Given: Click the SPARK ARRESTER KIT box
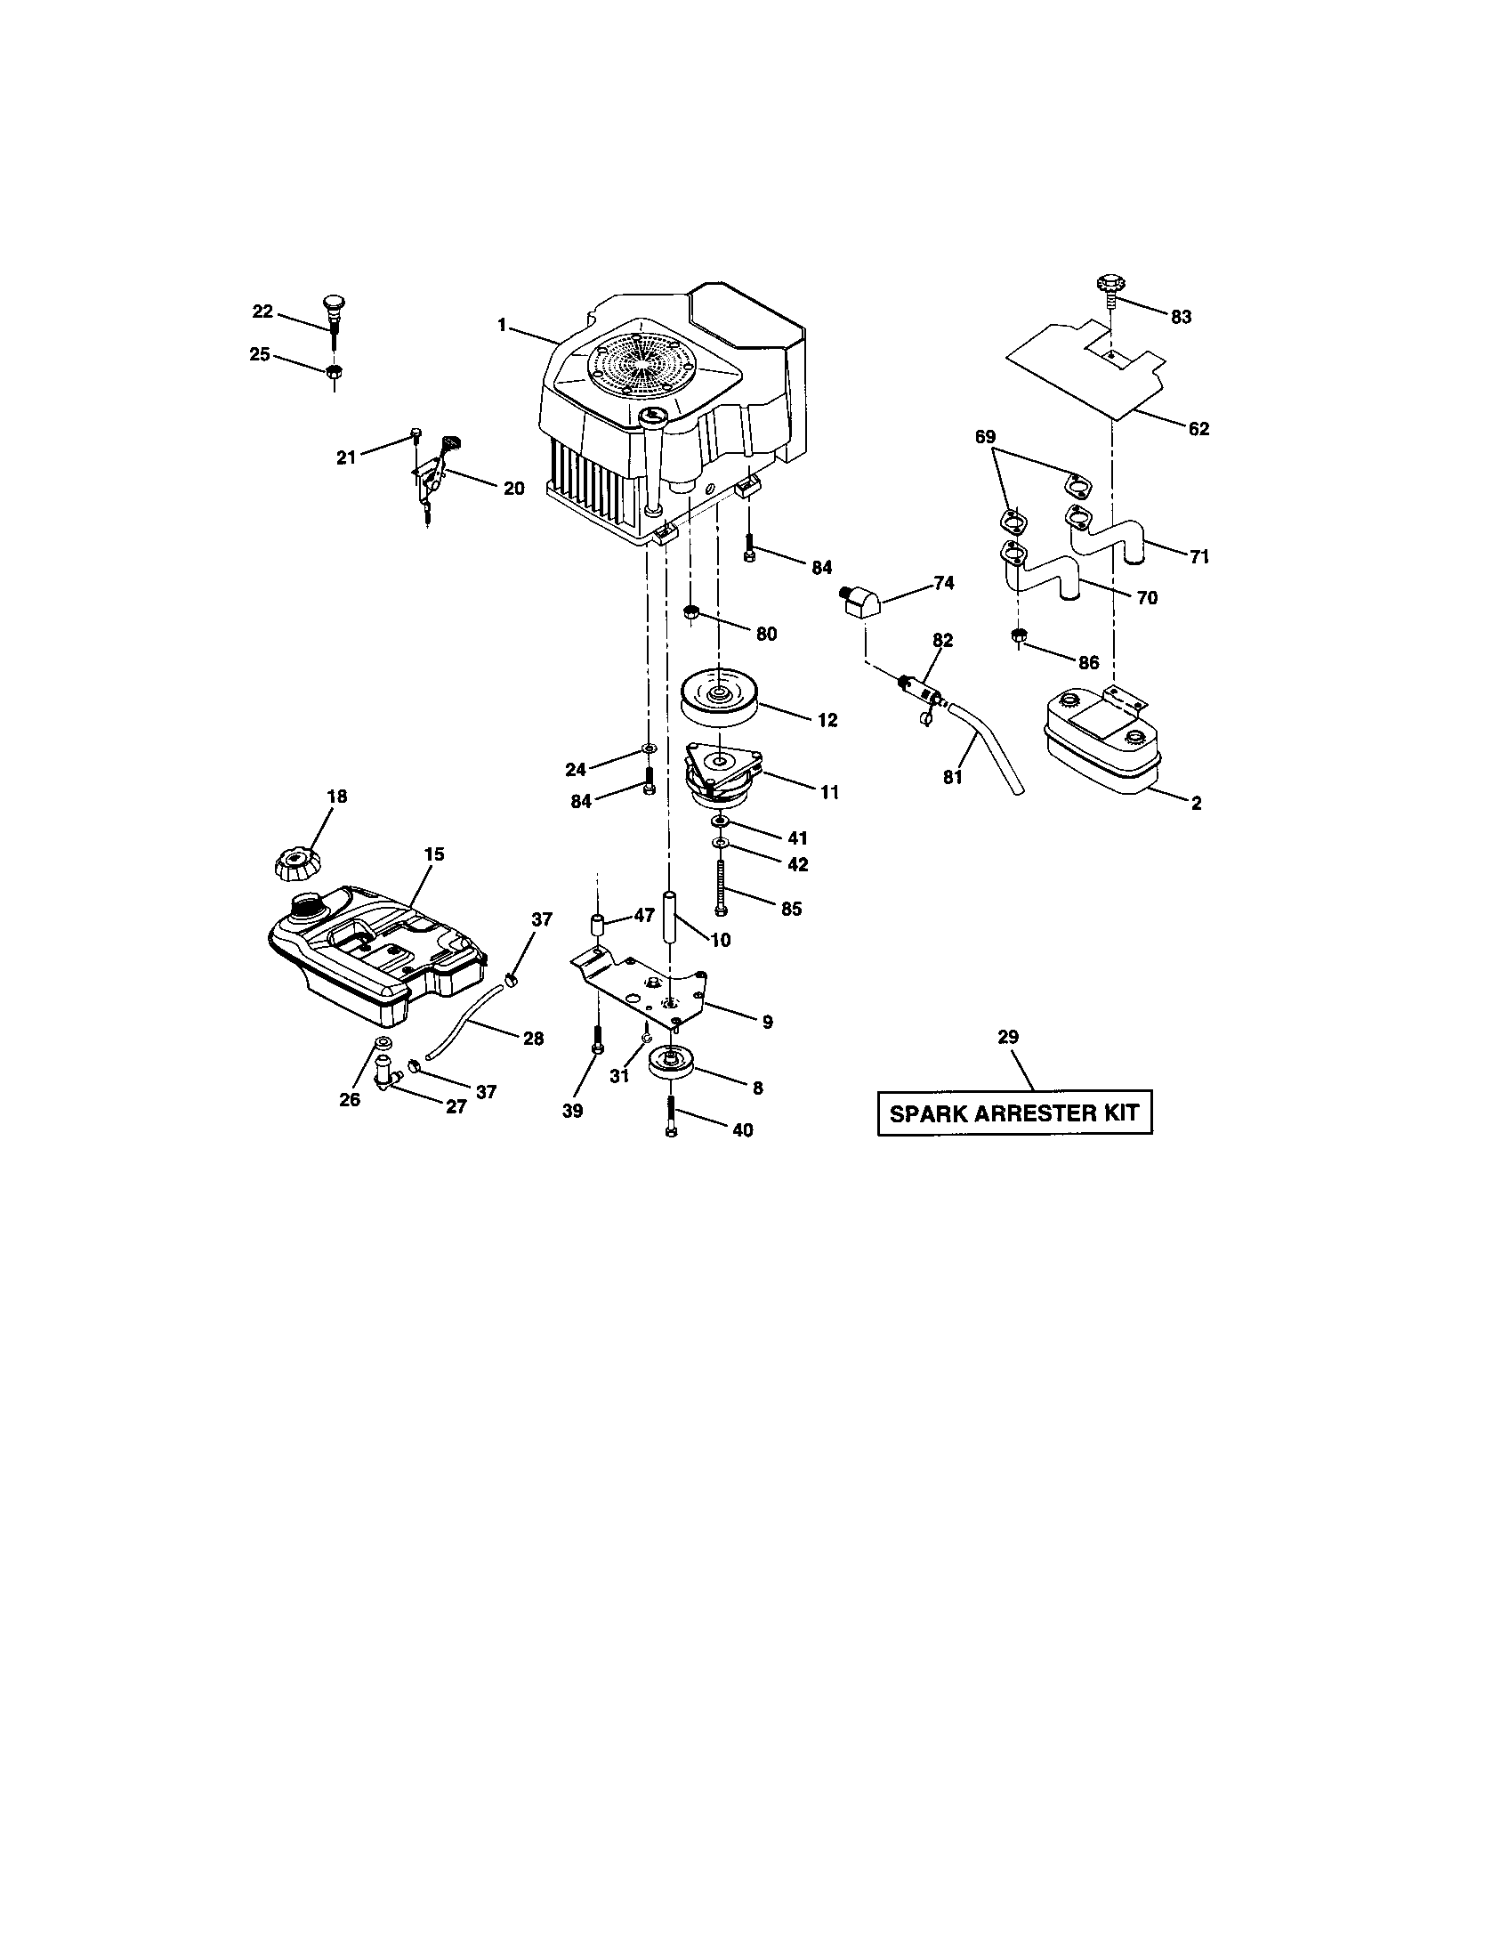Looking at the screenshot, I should [1013, 1112].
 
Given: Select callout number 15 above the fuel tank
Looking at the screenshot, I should [433, 854].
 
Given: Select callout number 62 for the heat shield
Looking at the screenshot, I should [1198, 429].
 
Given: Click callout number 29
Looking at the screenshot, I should [1008, 1036].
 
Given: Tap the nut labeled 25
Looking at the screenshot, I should [333, 372].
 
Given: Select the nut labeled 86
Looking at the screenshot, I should [1018, 636].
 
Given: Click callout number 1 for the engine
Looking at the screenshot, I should [503, 325].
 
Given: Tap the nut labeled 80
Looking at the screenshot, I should [690, 613].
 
